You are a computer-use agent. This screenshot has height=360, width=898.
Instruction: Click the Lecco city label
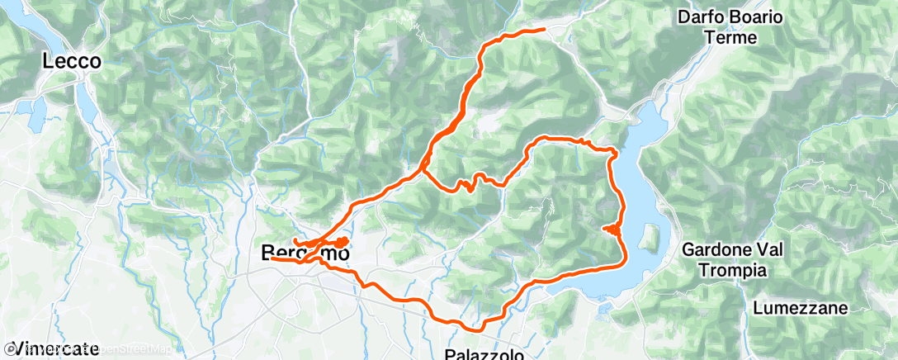point(73,61)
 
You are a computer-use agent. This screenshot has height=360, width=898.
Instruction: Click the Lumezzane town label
point(801,308)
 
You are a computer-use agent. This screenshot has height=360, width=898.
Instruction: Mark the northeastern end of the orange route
point(544,30)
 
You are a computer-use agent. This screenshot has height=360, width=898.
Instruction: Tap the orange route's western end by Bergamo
point(272,258)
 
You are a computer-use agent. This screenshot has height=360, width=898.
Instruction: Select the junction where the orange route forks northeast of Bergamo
point(423,168)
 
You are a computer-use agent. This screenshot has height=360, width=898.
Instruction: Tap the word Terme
point(730,38)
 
